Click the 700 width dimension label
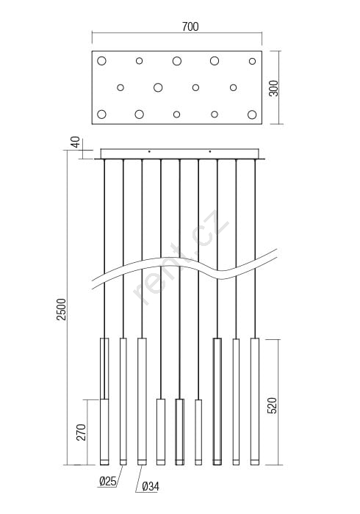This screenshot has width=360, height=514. tap(190, 26)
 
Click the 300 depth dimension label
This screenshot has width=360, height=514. tap(273, 88)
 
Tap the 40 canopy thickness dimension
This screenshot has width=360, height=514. tap(76, 142)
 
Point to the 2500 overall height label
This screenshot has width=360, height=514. tap(61, 309)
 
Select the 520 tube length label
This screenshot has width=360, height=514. tap(272, 405)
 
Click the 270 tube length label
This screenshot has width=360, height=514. tap(81, 432)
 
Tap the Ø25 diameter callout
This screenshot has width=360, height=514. tap(107, 481)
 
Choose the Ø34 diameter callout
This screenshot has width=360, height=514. tap(151, 486)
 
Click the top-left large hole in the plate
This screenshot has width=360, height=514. tap(101, 61)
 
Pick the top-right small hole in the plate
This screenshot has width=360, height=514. tap(252, 61)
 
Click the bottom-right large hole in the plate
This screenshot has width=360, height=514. tap(252, 115)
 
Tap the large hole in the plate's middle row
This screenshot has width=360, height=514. tap(158, 87)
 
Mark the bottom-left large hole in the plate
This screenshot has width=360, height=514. tap(101, 115)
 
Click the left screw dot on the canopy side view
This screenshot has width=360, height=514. tap(149, 151)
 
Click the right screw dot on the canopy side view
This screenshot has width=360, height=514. tap(210, 151)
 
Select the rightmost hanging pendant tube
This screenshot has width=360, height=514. tap(255, 401)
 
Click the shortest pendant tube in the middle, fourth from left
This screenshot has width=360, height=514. tap(161, 432)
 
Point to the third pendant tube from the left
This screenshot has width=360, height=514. tap(142, 401)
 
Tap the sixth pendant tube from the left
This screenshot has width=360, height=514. tap(198, 432)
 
